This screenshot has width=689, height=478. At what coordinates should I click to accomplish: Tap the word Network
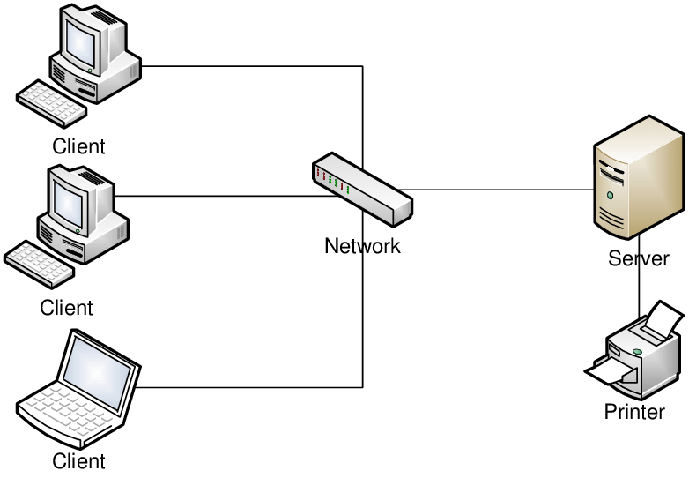(x=362, y=246)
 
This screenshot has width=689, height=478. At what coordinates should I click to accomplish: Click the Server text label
(x=638, y=259)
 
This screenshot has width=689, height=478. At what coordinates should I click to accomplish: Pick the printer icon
(x=635, y=352)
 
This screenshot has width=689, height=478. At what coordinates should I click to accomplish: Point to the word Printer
(x=634, y=412)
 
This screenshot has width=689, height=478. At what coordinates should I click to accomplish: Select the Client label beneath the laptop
(x=78, y=460)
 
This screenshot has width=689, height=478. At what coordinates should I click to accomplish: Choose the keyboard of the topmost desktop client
(x=51, y=103)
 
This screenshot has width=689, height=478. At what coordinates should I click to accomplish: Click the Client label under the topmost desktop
(x=78, y=146)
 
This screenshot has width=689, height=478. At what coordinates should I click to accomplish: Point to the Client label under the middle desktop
(x=66, y=308)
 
